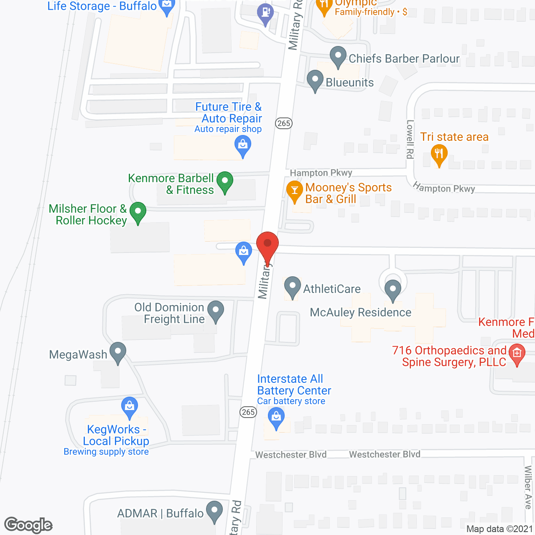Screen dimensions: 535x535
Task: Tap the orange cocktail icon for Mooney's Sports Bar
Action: click(x=295, y=191)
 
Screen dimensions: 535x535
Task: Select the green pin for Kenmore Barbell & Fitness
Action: click(x=225, y=182)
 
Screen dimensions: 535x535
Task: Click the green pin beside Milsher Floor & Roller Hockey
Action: click(x=138, y=212)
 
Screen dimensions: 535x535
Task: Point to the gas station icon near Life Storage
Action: click(x=265, y=13)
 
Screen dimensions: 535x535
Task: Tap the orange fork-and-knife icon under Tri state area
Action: click(x=439, y=155)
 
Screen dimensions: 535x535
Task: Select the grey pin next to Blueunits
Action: click(x=315, y=80)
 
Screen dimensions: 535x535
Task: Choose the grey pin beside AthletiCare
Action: click(x=292, y=287)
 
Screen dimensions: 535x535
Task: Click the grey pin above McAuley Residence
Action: click(x=392, y=289)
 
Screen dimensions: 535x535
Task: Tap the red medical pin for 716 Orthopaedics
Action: click(x=517, y=354)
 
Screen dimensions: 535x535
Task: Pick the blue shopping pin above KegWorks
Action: click(x=130, y=407)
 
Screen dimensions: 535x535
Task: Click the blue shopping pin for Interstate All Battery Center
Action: click(x=276, y=418)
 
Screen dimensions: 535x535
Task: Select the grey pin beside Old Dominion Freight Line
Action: click(x=216, y=311)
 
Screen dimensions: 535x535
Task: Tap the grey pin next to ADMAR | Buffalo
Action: click(x=215, y=511)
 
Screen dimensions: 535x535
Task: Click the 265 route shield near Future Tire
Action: click(x=284, y=123)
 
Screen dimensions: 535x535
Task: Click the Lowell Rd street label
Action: click(x=410, y=139)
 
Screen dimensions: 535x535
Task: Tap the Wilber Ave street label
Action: click(x=528, y=487)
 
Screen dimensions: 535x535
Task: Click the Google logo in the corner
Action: click(x=28, y=525)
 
